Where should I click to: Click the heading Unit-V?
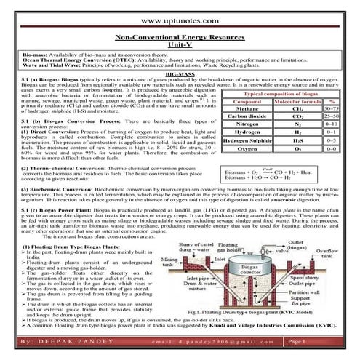180,45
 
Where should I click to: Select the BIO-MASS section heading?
180,75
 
